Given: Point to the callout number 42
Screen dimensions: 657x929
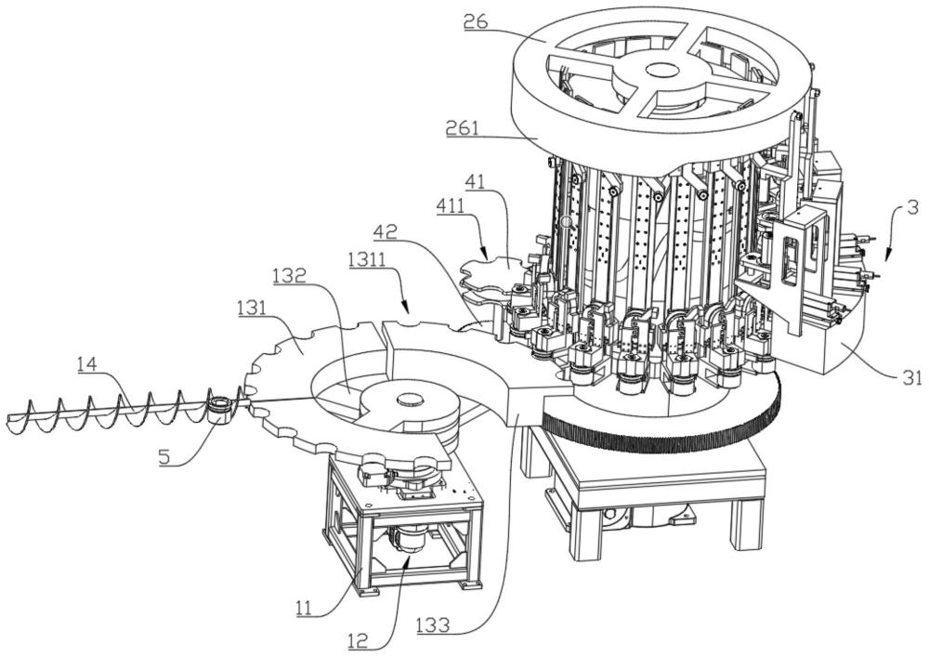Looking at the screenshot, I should pyautogui.click(x=386, y=230).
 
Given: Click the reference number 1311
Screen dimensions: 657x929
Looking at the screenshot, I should pyautogui.click(x=368, y=257).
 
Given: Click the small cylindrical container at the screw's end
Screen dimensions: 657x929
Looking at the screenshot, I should pyautogui.click(x=220, y=408).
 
